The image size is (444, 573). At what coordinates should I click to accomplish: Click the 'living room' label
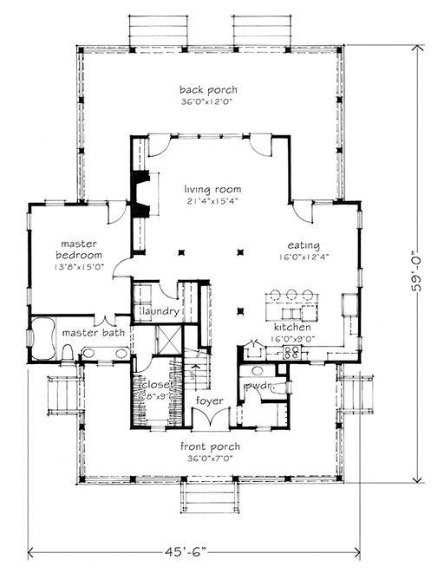[x=212, y=189]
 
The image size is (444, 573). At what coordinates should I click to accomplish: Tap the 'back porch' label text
[x=208, y=89]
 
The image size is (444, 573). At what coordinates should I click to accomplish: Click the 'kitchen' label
[x=291, y=327]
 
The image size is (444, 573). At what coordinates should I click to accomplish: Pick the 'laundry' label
[x=160, y=311]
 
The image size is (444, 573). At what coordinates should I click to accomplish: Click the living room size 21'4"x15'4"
[x=212, y=201]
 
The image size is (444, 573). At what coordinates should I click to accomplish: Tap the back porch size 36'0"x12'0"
[x=208, y=101]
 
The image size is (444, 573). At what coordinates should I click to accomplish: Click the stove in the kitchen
[x=293, y=352]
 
